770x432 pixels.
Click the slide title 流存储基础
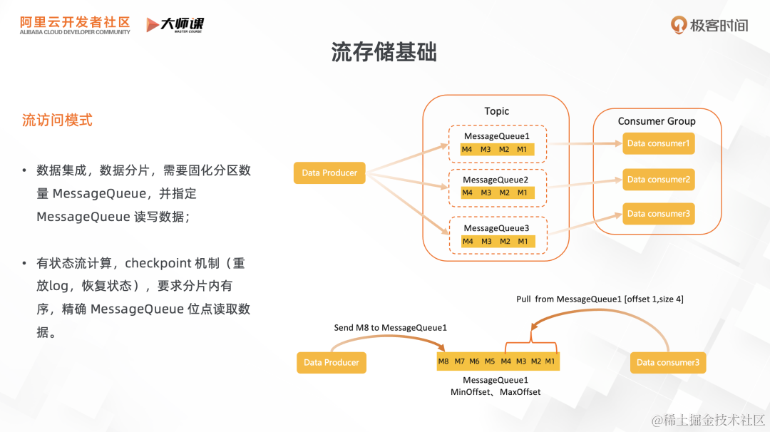(384, 52)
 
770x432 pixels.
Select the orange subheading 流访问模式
(57, 120)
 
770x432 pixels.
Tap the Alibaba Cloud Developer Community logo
(75, 26)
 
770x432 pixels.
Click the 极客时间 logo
(709, 26)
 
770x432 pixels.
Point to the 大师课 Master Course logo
(175, 25)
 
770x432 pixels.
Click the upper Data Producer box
(329, 173)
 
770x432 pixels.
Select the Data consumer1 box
(658, 143)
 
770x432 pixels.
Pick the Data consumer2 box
(658, 180)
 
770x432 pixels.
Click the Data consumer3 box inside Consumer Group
(658, 214)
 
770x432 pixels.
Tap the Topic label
(496, 111)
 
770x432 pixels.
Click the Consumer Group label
(657, 121)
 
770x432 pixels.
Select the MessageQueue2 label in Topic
(496, 180)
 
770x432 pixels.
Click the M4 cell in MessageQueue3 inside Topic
(468, 242)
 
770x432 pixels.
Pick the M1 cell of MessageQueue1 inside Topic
(523, 149)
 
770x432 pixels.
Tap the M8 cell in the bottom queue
(444, 361)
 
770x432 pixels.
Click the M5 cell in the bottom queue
(490, 361)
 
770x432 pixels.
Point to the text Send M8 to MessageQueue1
(390, 328)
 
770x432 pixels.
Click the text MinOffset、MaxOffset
(496, 392)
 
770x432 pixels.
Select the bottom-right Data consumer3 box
(668, 362)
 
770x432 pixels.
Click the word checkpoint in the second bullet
(158, 263)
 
